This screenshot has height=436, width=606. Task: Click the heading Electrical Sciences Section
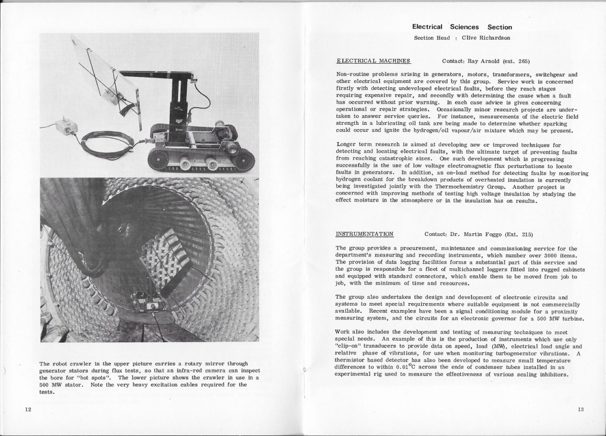462,27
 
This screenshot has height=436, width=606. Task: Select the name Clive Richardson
486,38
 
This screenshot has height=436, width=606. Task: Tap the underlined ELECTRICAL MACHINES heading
373,60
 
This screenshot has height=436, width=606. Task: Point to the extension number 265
523,60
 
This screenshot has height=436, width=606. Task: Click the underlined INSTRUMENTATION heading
364,234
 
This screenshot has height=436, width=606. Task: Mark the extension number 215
526,234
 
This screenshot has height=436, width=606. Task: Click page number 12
27,409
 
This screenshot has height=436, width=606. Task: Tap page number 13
580,409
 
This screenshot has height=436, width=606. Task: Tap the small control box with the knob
66,126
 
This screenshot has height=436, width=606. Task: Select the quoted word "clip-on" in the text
349,346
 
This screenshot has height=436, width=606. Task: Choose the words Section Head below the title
432,38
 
